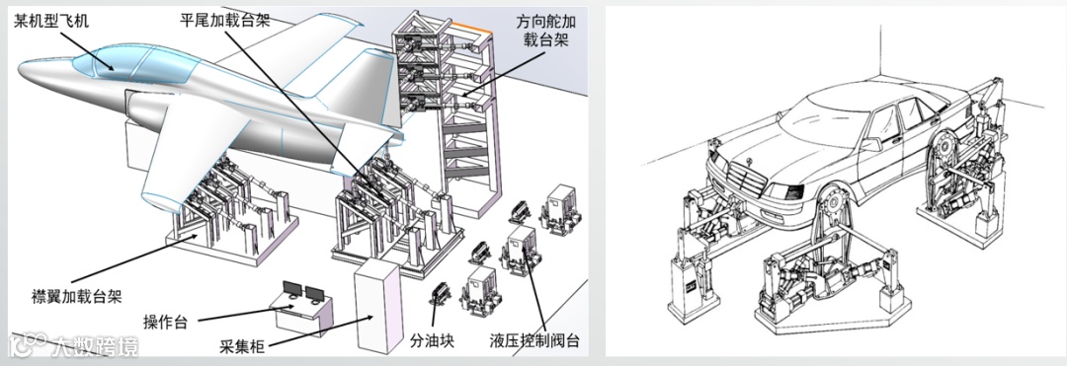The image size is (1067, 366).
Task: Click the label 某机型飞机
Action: [x=51, y=22]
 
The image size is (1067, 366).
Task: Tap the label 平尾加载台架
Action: [x=224, y=20]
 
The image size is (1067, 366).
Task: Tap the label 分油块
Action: [x=432, y=339]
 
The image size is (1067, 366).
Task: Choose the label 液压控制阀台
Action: [x=534, y=339]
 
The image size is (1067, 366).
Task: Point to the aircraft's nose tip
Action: [x=21, y=70]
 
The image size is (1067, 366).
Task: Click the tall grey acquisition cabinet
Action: [x=377, y=305]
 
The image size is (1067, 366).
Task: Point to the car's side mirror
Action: [x=869, y=144]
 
